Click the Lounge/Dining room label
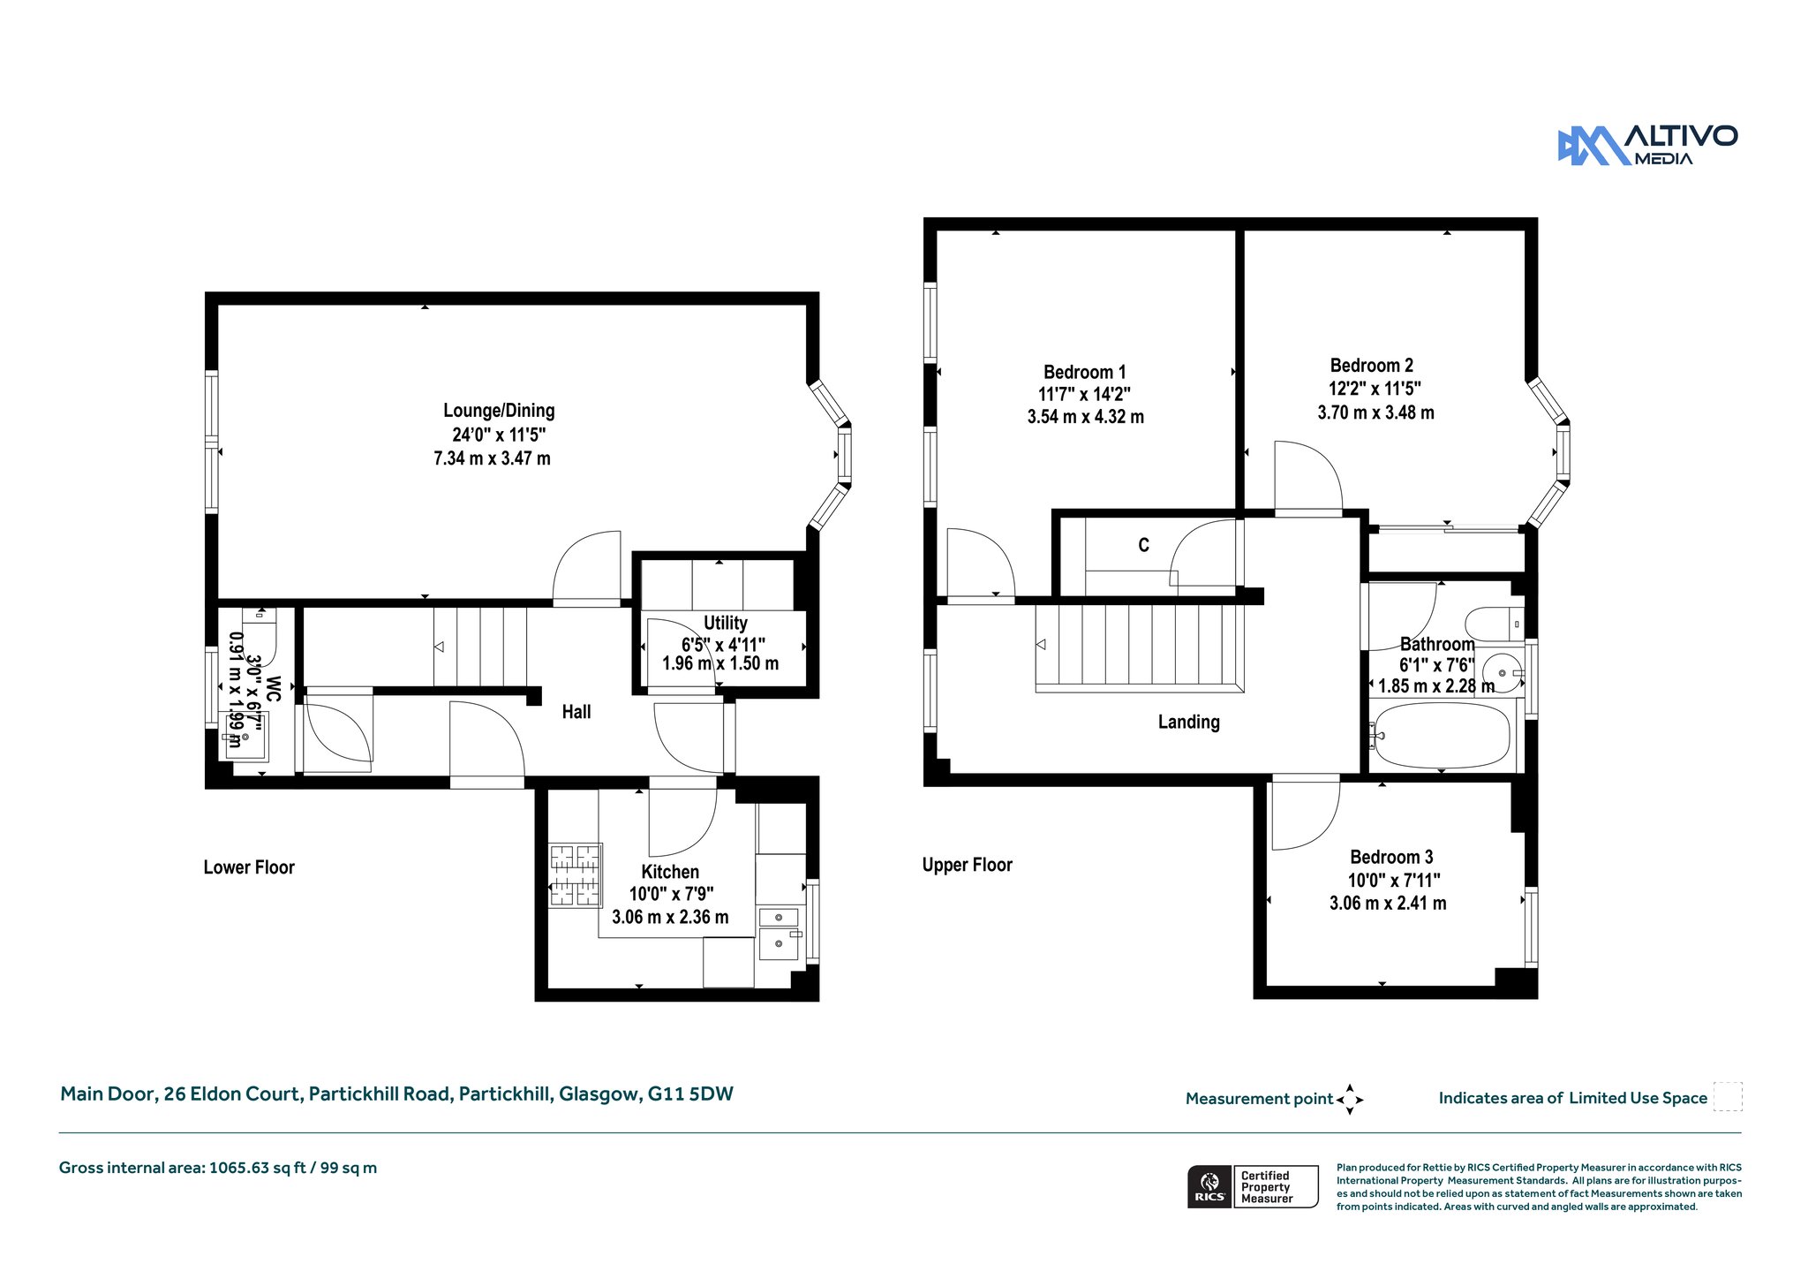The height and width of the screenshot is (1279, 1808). click(x=499, y=411)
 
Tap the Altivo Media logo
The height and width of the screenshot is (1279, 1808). click(x=1647, y=145)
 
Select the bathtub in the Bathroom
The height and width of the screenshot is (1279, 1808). click(x=1442, y=735)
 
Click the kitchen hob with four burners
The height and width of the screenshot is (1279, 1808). click(x=576, y=875)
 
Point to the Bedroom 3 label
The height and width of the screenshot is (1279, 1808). click(x=1391, y=857)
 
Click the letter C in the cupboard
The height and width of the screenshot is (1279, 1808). click(x=1143, y=545)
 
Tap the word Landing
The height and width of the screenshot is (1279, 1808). click(x=1188, y=722)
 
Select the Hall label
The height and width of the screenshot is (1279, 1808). click(x=576, y=712)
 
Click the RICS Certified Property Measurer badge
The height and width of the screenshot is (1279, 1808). click(x=1253, y=1186)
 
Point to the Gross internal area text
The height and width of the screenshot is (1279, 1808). click(x=218, y=1168)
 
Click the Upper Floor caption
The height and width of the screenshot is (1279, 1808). click(x=967, y=865)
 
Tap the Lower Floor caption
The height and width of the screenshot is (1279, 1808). click(x=249, y=867)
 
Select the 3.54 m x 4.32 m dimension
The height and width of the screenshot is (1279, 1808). click(x=1085, y=417)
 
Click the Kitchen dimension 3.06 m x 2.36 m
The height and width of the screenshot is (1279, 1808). click(x=670, y=917)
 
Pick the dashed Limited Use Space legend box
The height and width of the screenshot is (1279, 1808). click(x=1728, y=1096)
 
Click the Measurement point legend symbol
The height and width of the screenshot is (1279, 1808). click(x=1350, y=1100)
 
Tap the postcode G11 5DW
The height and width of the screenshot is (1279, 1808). click(x=690, y=1094)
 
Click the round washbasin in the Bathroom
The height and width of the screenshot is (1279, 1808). click(x=1501, y=673)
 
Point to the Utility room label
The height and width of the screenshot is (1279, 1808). click(x=726, y=623)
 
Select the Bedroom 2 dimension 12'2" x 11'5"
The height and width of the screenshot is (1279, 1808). click(x=1375, y=389)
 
